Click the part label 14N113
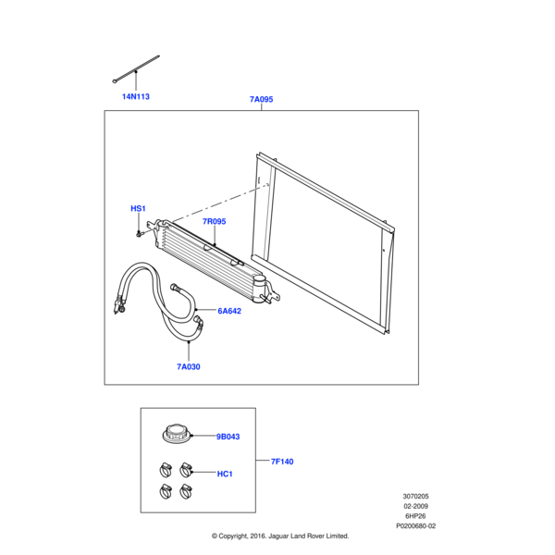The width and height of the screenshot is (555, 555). [x=136, y=96]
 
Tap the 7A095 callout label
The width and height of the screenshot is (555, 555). [x=262, y=100]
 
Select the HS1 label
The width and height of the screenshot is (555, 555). [x=138, y=209]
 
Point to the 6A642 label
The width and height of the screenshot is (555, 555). [x=228, y=312]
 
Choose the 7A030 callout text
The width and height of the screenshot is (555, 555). [x=189, y=366]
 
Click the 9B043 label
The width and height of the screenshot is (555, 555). [x=228, y=437]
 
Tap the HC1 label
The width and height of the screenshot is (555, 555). [x=225, y=474]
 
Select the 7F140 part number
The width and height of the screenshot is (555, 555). [x=281, y=461]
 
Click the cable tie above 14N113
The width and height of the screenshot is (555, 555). [x=135, y=69]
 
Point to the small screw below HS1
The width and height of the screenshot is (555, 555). [x=138, y=233]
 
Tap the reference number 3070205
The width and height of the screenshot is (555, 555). [x=414, y=496]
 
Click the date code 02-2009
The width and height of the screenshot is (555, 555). [x=414, y=506]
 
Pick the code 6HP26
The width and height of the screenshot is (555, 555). [x=414, y=516]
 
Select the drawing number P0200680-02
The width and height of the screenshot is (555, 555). [x=415, y=526]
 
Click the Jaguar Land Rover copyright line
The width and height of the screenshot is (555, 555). [x=280, y=536]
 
